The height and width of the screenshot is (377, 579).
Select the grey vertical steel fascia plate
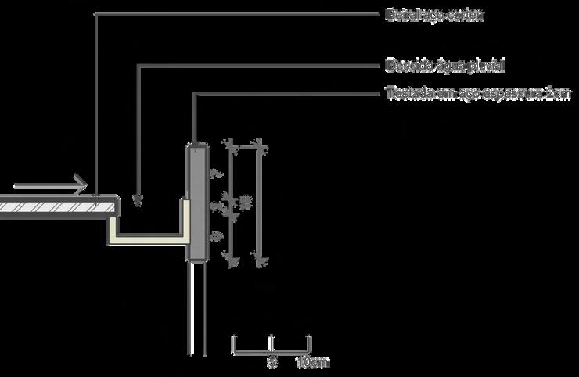pyautogui.click(x=196, y=202)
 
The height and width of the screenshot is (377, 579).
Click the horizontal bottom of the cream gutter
pyautogui.click(x=149, y=236)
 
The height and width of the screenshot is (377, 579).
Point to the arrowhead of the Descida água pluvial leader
pyautogui.click(x=138, y=202)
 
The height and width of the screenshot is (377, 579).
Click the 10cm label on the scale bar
pyautogui.click(x=313, y=363)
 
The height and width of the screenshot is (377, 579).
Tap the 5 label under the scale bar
pyautogui.click(x=272, y=363)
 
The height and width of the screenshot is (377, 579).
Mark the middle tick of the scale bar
pyautogui.click(x=271, y=343)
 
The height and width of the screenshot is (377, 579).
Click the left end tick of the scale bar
pyautogui.click(x=232, y=343)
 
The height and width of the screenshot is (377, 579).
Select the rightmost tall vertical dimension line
pyautogui.click(x=258, y=202)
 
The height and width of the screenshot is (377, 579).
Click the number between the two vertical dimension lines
pyautogui.click(x=244, y=202)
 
